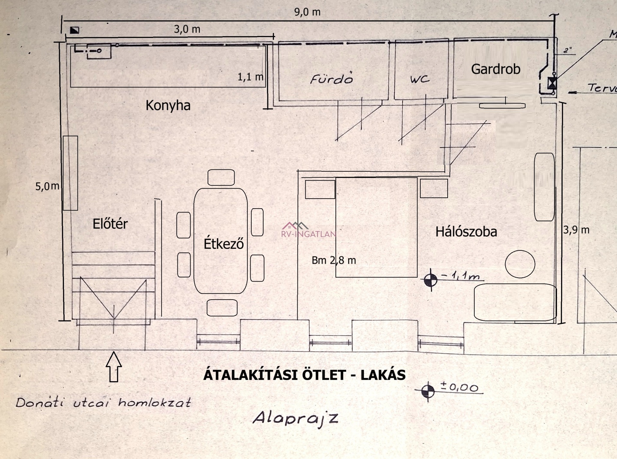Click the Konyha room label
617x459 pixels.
168,105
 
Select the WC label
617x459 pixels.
419,79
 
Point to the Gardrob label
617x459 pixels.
496,69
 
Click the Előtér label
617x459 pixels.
110,224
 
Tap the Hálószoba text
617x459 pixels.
466,232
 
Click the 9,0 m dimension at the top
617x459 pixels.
307,12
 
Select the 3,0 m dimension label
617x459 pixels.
187,29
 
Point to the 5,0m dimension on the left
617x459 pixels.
47,186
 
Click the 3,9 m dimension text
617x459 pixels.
576,230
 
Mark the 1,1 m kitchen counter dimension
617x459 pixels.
250,77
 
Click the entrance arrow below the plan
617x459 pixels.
114,366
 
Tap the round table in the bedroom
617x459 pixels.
520,264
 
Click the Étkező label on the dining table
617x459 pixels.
224,244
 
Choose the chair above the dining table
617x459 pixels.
221,177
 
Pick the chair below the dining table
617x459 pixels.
222,308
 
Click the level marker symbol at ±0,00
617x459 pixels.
427,391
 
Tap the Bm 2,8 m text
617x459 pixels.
334,260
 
